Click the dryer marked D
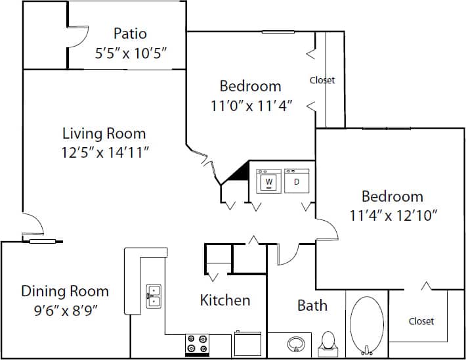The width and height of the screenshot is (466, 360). (x=296, y=181)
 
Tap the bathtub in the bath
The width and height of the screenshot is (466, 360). (x=366, y=326)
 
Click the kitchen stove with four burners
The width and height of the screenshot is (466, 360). (x=197, y=344)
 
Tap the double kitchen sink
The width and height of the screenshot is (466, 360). (x=154, y=296)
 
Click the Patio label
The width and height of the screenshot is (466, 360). (x=130, y=34)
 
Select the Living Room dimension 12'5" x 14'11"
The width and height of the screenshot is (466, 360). (x=104, y=152)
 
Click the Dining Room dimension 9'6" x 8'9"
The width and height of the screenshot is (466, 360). (x=64, y=309)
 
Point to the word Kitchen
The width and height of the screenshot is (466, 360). (x=224, y=300)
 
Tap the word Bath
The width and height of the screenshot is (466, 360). (x=312, y=305)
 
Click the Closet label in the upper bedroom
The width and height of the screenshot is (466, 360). (x=322, y=80)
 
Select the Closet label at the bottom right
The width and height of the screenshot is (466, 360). (x=421, y=321)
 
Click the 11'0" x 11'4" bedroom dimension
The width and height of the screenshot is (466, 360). (x=250, y=104)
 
